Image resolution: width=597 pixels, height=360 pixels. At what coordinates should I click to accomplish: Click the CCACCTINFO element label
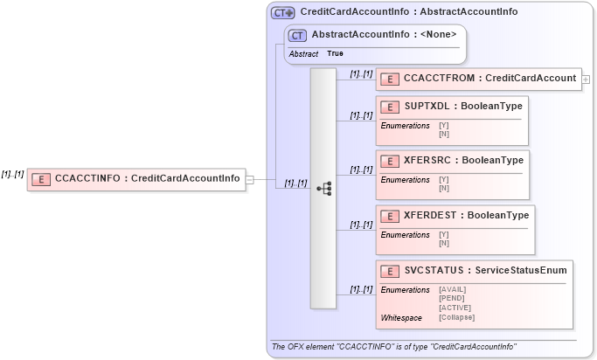(147, 179)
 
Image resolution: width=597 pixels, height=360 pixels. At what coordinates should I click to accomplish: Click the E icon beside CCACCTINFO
(40, 179)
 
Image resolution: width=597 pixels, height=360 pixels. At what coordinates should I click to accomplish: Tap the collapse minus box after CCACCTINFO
(250, 179)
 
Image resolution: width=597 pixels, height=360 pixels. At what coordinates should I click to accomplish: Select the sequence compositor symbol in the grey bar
(323, 188)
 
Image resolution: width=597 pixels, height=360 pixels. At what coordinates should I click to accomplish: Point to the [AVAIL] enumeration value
(452, 289)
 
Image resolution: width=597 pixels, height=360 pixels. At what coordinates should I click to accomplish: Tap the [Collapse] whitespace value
(456, 317)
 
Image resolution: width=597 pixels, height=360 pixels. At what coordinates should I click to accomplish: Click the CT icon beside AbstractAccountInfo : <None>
(297, 35)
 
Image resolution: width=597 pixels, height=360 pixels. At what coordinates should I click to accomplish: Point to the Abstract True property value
(335, 53)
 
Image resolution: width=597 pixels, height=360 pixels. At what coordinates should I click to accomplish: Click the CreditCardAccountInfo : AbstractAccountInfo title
(408, 12)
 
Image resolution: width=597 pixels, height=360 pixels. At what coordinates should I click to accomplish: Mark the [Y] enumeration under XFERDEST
(443, 234)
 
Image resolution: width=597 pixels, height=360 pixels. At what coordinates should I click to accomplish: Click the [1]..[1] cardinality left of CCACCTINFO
(12, 174)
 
